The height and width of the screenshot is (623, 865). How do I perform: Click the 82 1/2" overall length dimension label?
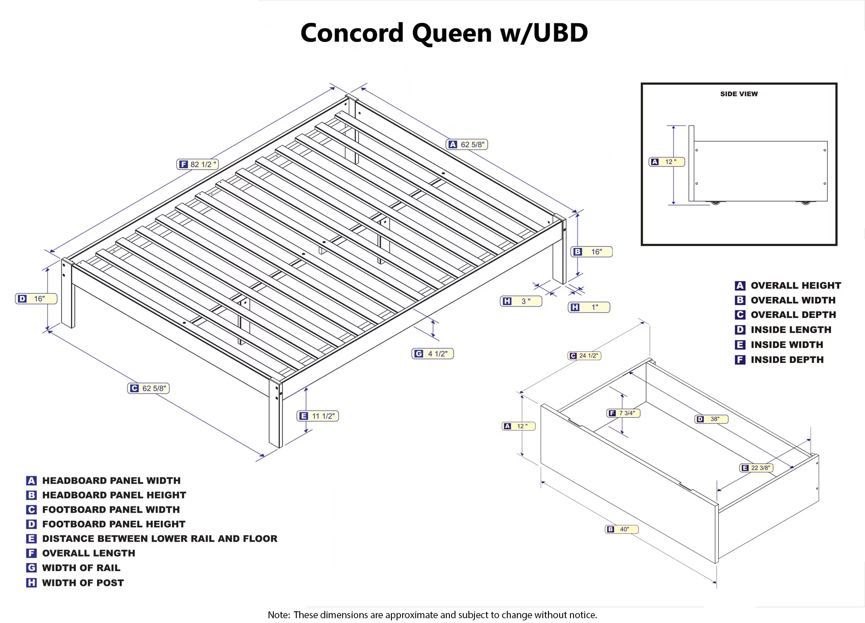tap(198, 164)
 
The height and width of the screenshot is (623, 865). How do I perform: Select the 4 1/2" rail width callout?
tap(432, 354)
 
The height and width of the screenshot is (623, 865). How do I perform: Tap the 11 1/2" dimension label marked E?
tap(318, 416)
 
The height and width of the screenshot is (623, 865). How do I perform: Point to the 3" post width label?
tap(521, 301)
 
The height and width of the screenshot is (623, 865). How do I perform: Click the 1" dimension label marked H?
tap(589, 307)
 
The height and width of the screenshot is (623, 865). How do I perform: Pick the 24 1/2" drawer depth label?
tap(584, 356)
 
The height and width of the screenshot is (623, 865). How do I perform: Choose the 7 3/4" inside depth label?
tap(623, 413)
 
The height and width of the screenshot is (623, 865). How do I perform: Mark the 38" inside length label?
tap(711, 419)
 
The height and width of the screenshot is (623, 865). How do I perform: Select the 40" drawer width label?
tap(622, 529)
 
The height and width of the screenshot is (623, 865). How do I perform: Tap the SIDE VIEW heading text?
tap(739, 94)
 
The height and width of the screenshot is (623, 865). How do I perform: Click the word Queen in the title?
tap(452, 34)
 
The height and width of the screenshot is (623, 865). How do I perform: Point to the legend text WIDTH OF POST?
tap(83, 583)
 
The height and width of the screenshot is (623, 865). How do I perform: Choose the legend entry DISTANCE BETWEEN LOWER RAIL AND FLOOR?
tap(160, 539)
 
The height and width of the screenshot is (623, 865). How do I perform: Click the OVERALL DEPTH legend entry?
tap(793, 315)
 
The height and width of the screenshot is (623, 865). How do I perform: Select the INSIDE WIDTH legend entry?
tap(787, 345)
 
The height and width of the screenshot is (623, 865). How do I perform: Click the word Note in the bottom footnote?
tap(278, 615)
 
